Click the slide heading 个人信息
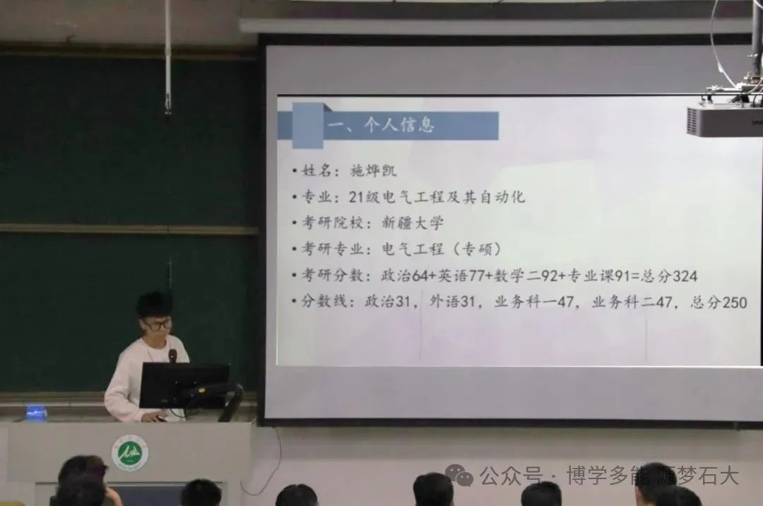[398, 125]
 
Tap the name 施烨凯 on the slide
[373, 170]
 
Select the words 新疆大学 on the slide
[413, 223]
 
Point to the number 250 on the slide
[735, 302]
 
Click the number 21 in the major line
[356, 196]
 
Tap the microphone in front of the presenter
[173, 356]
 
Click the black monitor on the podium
[184, 385]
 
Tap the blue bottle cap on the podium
[37, 412]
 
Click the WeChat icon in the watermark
[459, 474]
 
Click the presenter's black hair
[155, 304]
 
